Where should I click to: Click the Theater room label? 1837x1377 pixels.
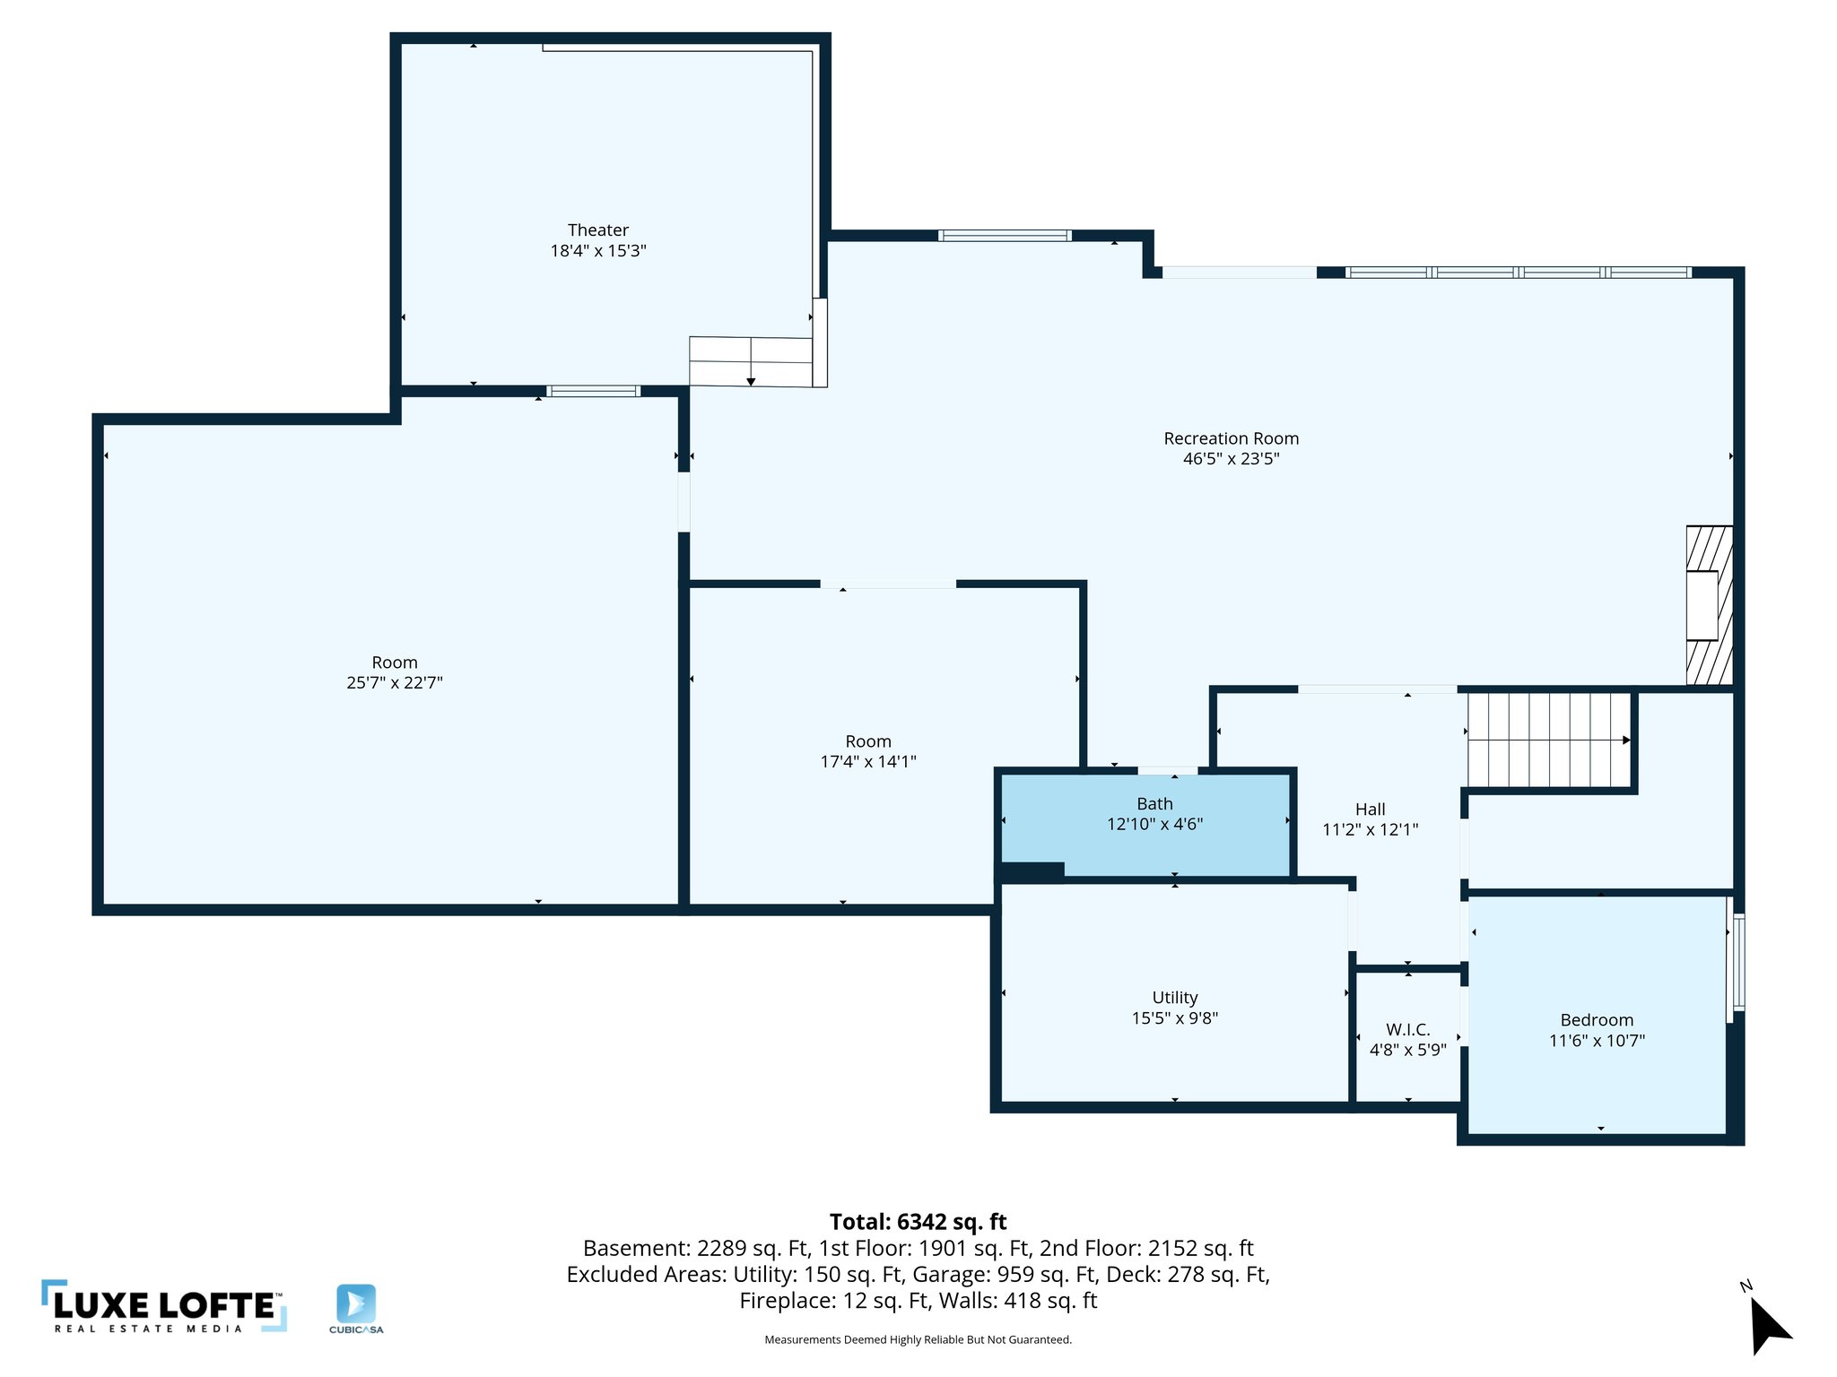597,230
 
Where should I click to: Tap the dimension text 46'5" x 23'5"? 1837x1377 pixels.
1231,459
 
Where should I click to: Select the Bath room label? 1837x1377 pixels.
1154,804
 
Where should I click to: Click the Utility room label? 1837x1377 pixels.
1174,998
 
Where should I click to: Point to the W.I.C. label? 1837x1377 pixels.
1407,1029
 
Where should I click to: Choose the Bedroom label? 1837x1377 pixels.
1597,1020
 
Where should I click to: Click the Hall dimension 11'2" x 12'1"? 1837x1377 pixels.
1370,829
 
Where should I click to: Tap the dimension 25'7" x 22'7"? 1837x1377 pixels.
395,683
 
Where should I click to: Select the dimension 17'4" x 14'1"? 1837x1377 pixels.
868,762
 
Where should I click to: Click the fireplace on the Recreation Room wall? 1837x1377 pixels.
1709,605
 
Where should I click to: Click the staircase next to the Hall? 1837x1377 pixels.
1548,740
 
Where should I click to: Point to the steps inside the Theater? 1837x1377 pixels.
750,361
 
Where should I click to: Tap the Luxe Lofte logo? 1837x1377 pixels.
164,1307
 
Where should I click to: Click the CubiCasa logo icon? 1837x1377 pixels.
356,1303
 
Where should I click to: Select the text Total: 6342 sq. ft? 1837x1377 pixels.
918,1222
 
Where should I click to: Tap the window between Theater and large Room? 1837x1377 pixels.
593,391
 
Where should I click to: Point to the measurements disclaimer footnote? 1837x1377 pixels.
918,1339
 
